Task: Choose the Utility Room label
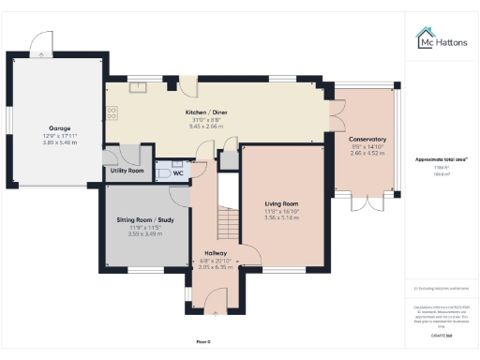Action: (127, 171)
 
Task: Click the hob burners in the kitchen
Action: (112, 112)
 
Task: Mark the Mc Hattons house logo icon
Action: (424, 37)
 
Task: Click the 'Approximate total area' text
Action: (442, 159)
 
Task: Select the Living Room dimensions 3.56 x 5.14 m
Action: (281, 217)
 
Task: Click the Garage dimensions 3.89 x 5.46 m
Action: (60, 142)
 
